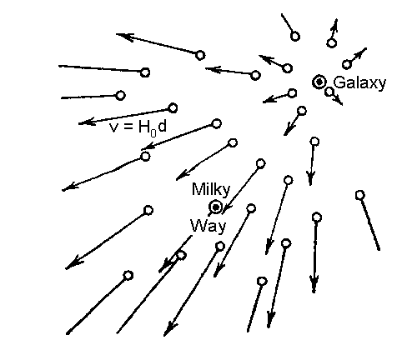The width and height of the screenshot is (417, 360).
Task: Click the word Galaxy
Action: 359,83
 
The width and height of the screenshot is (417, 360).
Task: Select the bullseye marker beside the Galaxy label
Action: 319,82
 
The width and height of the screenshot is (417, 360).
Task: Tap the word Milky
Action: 211,189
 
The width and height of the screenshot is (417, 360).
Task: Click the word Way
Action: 208,226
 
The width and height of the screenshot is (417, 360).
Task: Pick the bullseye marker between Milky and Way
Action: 215,207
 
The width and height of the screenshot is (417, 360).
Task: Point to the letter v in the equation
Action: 113,128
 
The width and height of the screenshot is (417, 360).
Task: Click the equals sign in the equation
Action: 127,127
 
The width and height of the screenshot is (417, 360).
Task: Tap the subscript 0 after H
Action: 153,132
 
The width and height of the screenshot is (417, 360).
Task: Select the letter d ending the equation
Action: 162,127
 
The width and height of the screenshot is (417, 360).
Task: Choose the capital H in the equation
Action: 144,127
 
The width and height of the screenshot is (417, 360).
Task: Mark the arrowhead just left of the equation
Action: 87,122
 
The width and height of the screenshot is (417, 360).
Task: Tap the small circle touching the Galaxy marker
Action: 329,92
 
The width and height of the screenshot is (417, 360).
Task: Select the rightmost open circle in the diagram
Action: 360,195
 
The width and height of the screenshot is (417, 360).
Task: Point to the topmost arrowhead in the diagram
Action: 335,24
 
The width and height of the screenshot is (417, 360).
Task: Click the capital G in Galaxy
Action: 339,82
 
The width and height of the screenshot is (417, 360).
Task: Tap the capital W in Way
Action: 198,225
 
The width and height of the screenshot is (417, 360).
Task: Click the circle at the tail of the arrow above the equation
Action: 173,108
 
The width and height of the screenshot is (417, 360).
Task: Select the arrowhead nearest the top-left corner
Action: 124,37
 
